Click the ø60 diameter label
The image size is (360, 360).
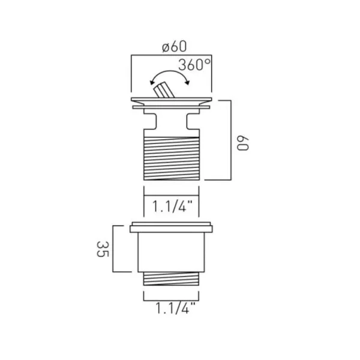coord(171,46)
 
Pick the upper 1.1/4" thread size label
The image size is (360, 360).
coord(171,208)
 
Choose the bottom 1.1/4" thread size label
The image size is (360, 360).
coord(171,311)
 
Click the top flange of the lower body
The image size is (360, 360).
coord(171,228)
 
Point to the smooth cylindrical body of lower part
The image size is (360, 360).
coord(171,252)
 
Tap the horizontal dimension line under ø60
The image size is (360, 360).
coord(171,56)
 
